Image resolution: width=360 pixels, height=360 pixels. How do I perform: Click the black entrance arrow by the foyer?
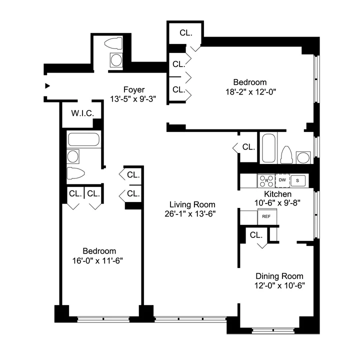[x=47, y=85]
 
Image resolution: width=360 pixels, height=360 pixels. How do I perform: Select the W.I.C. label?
[x=82, y=113]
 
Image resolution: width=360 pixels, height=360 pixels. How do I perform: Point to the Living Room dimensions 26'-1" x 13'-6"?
[x=192, y=213]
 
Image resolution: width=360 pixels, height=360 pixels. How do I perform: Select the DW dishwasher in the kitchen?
[x=282, y=179]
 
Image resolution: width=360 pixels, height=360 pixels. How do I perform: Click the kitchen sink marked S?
[x=298, y=179]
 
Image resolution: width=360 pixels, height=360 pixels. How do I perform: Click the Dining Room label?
[x=279, y=276]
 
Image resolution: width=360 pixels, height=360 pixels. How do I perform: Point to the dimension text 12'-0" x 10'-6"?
[x=279, y=285]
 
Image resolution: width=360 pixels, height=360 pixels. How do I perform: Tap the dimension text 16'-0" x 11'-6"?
[x=99, y=260]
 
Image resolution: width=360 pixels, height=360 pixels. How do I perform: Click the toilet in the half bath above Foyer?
[x=115, y=44]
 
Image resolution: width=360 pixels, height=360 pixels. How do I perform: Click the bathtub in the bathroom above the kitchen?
[x=268, y=148]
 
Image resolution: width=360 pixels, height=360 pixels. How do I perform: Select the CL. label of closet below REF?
[x=255, y=234]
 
